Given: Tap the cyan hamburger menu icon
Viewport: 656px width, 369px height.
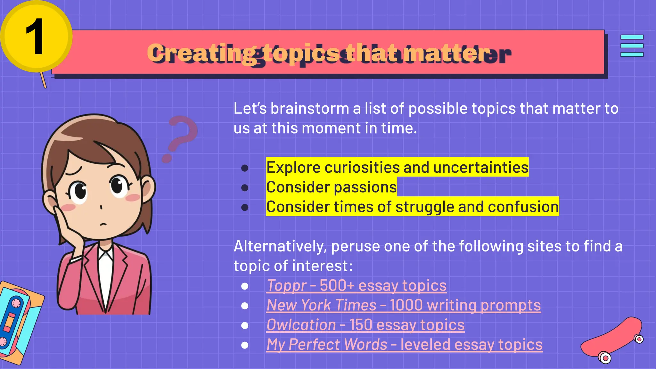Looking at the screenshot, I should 632,46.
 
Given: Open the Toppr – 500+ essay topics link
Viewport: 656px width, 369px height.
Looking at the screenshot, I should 356,285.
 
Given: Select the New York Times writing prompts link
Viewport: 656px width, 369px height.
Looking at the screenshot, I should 404,305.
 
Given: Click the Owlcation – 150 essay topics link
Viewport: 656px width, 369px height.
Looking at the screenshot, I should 365,325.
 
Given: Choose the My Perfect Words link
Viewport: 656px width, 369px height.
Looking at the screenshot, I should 404,345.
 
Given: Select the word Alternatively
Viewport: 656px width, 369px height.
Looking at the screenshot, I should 280,246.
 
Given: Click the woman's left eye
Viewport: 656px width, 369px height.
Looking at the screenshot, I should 118,186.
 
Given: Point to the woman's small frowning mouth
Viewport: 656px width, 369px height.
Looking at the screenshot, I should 102,224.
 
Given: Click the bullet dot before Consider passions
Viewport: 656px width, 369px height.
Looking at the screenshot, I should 245,187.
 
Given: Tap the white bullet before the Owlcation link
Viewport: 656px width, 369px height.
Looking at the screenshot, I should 245,325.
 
